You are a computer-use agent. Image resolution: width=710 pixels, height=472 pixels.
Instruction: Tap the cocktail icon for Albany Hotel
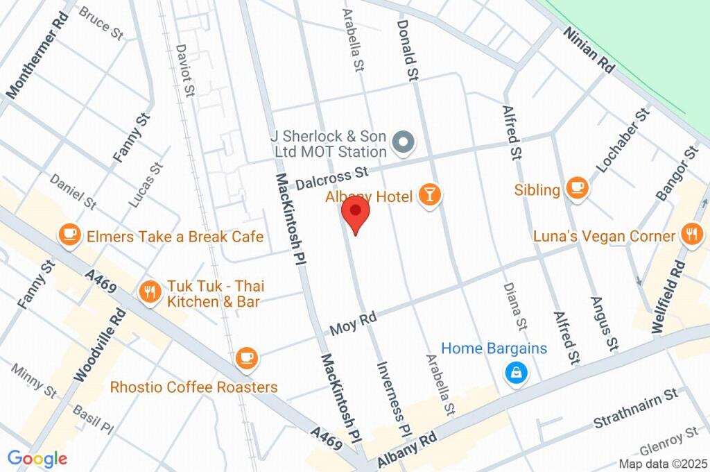429,196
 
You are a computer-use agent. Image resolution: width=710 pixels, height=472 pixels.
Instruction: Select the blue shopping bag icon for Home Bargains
517,373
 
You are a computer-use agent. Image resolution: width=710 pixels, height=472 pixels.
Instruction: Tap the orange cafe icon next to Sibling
576,187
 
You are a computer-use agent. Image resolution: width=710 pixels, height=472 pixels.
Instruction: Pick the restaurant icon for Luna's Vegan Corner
691,234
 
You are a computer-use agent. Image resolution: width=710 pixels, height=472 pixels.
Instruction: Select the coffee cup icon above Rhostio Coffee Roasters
245,358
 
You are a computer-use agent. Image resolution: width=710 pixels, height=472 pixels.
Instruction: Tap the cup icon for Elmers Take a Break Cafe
69,235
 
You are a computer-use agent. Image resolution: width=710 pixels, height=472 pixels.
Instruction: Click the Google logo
37,458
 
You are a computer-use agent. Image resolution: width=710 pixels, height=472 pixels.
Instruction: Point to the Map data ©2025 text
662,464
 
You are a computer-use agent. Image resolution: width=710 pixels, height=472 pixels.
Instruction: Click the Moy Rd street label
353,321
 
